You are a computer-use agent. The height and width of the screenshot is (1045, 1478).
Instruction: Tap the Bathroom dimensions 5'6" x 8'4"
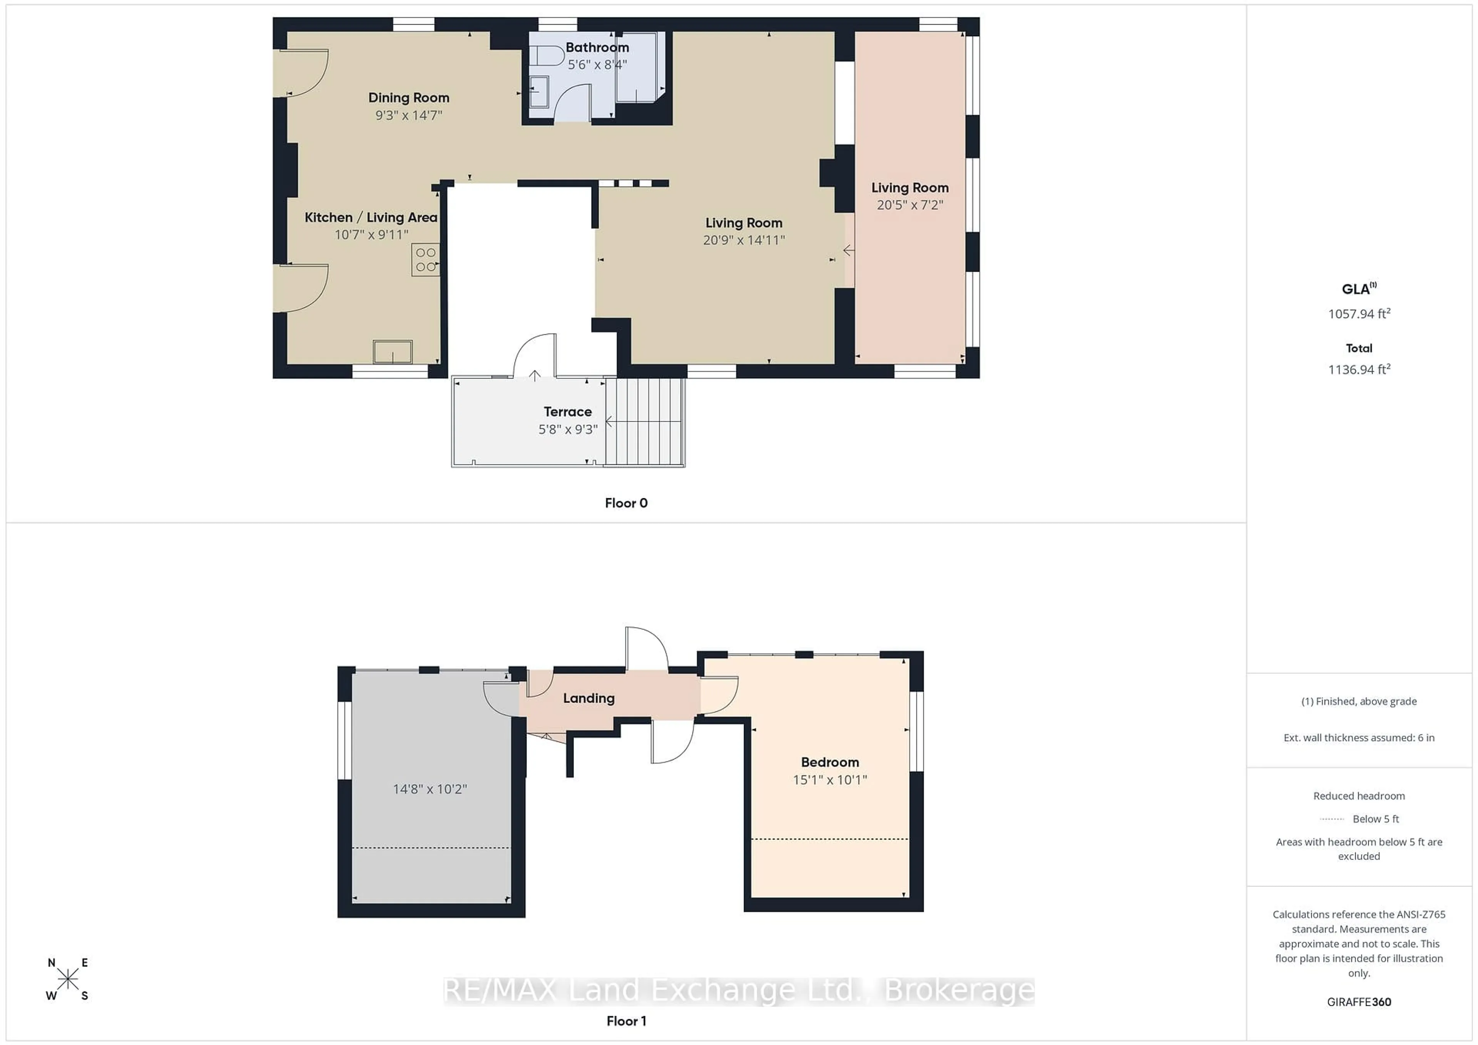[x=597, y=64]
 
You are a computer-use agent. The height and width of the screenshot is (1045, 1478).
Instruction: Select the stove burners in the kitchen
[x=426, y=259]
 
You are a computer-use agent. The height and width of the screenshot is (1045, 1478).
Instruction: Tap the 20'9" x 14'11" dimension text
[x=744, y=240]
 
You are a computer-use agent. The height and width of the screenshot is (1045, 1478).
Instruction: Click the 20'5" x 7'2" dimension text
[x=909, y=205]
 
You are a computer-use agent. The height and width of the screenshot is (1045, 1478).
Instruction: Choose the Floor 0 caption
[x=626, y=503]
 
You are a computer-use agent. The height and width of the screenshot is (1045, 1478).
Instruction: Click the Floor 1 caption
[x=626, y=1020]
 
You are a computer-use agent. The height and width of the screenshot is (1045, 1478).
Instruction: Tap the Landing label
[x=589, y=698]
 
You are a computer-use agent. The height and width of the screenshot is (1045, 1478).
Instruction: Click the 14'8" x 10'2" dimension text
[x=430, y=789]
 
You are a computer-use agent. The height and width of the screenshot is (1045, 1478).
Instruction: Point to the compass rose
[x=68, y=979]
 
